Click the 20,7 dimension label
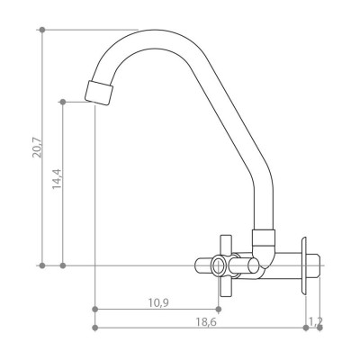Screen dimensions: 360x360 pyautogui.click(x=39, y=147)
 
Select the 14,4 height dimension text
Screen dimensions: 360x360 pyautogui.click(x=57, y=179)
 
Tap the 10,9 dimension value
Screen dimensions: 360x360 pyautogui.click(x=158, y=303)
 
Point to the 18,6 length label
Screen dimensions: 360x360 pyautogui.click(x=206, y=322)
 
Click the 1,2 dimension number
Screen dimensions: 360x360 pyautogui.click(x=316, y=321)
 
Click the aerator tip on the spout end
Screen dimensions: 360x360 pyautogui.click(x=99, y=93)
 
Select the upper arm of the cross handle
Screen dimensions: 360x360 pyautogui.click(x=226, y=245)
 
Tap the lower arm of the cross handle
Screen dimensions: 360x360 pyautogui.click(x=226, y=286)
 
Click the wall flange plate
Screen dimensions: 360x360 pyautogui.click(x=304, y=265)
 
